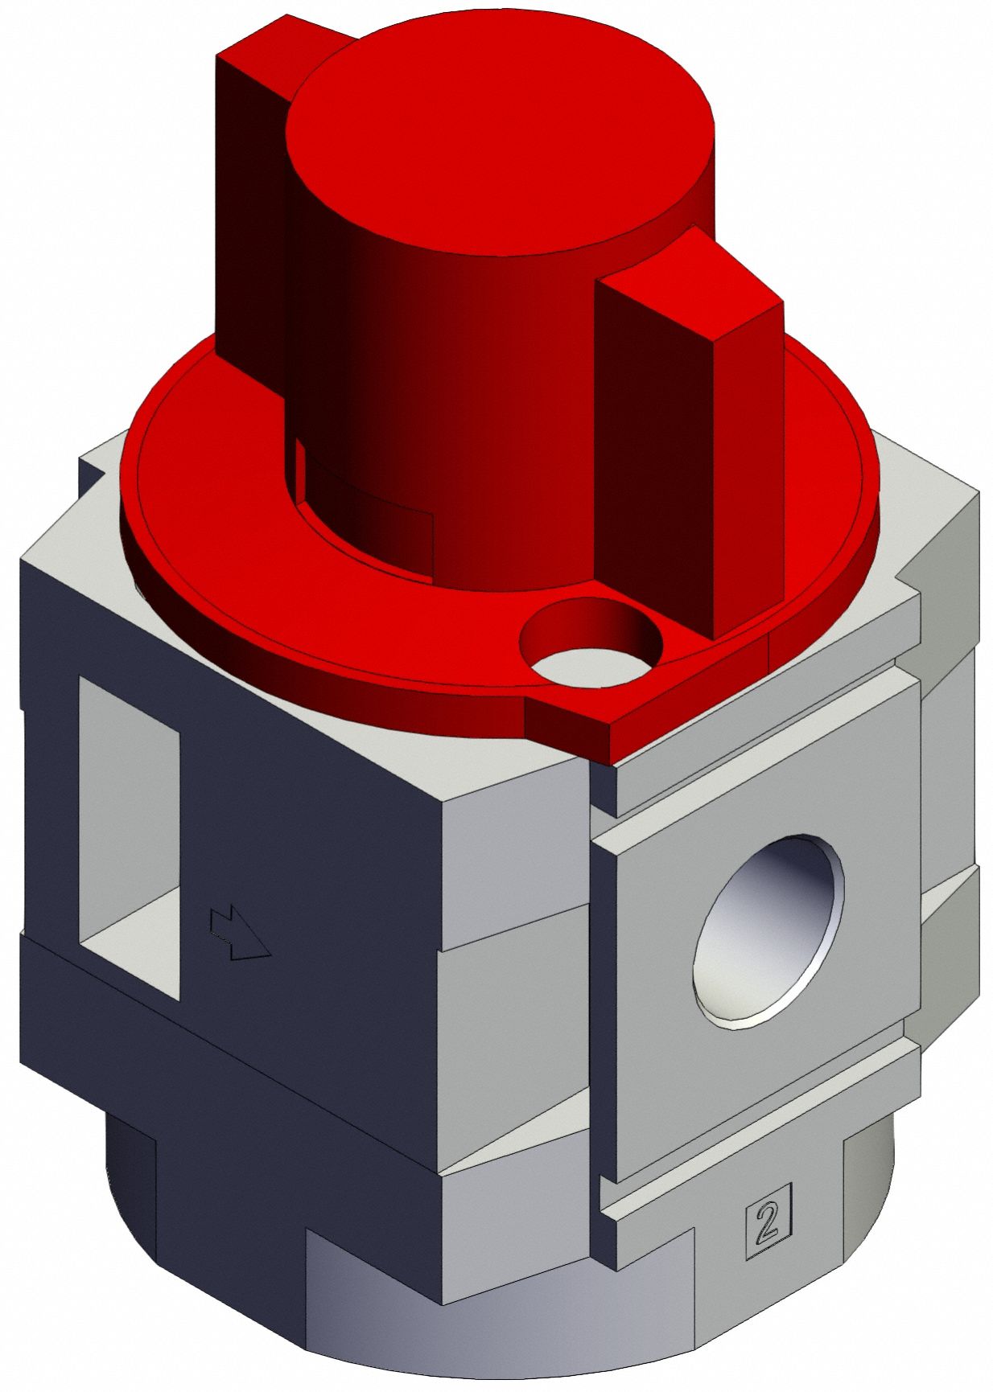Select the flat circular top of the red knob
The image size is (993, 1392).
[499, 133]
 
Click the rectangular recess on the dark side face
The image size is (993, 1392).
[129, 836]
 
